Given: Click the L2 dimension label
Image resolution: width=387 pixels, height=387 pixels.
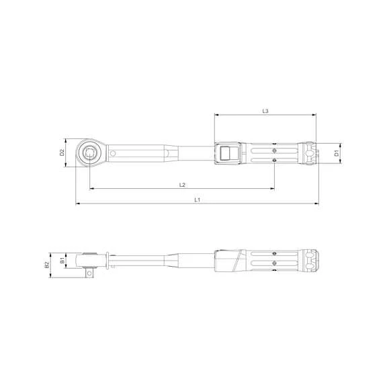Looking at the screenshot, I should [x=182, y=185].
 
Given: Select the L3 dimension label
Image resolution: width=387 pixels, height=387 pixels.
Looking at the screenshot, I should [x=265, y=110].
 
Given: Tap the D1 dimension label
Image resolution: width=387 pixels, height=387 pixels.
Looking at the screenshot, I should [x=337, y=153].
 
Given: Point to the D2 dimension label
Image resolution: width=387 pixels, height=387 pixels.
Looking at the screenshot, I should [x=61, y=153].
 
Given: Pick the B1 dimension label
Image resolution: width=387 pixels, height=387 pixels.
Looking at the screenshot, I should [x=61, y=259].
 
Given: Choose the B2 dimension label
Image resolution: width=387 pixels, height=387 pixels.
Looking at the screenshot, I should [x=47, y=265].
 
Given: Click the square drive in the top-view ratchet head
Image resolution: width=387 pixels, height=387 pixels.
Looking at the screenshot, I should [x=89, y=153].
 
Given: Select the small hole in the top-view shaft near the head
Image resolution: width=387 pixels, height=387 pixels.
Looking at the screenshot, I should [x=114, y=153].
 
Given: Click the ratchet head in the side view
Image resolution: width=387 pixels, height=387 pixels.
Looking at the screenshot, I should [x=90, y=259].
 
